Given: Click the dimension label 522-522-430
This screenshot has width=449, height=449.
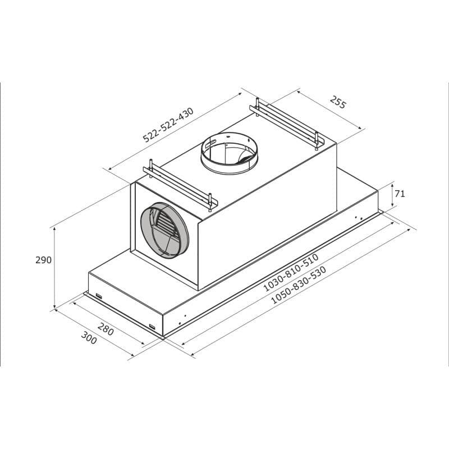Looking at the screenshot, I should click(x=168, y=125).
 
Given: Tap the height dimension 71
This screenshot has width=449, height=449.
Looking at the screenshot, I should click(x=400, y=194).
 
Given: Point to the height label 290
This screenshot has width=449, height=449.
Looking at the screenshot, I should click(x=43, y=260).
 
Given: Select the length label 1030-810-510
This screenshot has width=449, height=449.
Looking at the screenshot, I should click(x=291, y=272).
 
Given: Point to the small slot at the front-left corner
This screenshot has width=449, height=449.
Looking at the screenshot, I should click(x=98, y=296).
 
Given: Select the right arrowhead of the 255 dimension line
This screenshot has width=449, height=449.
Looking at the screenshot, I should click(x=362, y=130).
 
